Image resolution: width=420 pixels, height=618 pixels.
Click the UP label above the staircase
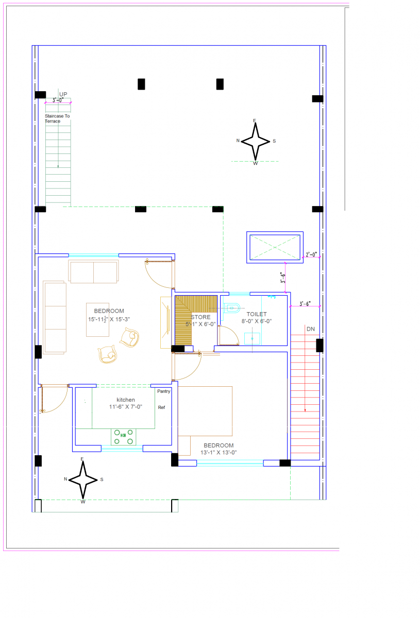click(63, 94)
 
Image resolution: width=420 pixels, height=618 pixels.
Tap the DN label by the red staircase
click(310, 329)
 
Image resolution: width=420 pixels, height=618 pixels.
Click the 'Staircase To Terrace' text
click(57, 118)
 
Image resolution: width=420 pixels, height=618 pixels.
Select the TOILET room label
click(257, 314)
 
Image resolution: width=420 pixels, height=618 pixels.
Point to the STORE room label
click(201, 317)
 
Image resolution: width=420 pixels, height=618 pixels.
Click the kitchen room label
click(126, 400)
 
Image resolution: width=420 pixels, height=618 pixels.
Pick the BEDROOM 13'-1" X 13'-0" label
click(219, 449)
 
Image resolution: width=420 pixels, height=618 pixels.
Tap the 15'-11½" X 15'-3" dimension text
click(109, 319)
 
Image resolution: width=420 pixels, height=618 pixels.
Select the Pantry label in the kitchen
click(163, 391)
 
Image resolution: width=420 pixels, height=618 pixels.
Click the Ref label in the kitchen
click(161, 407)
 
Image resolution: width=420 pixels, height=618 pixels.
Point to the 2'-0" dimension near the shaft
click(311, 254)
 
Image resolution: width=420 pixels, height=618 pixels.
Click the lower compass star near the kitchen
click(83, 479)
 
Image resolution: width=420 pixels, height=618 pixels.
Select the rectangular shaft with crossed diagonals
click(274, 247)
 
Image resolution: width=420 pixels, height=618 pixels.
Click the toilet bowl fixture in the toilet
click(233, 308)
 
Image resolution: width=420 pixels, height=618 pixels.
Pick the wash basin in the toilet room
click(252, 338)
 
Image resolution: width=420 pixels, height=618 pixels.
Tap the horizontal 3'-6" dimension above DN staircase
click(305, 304)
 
